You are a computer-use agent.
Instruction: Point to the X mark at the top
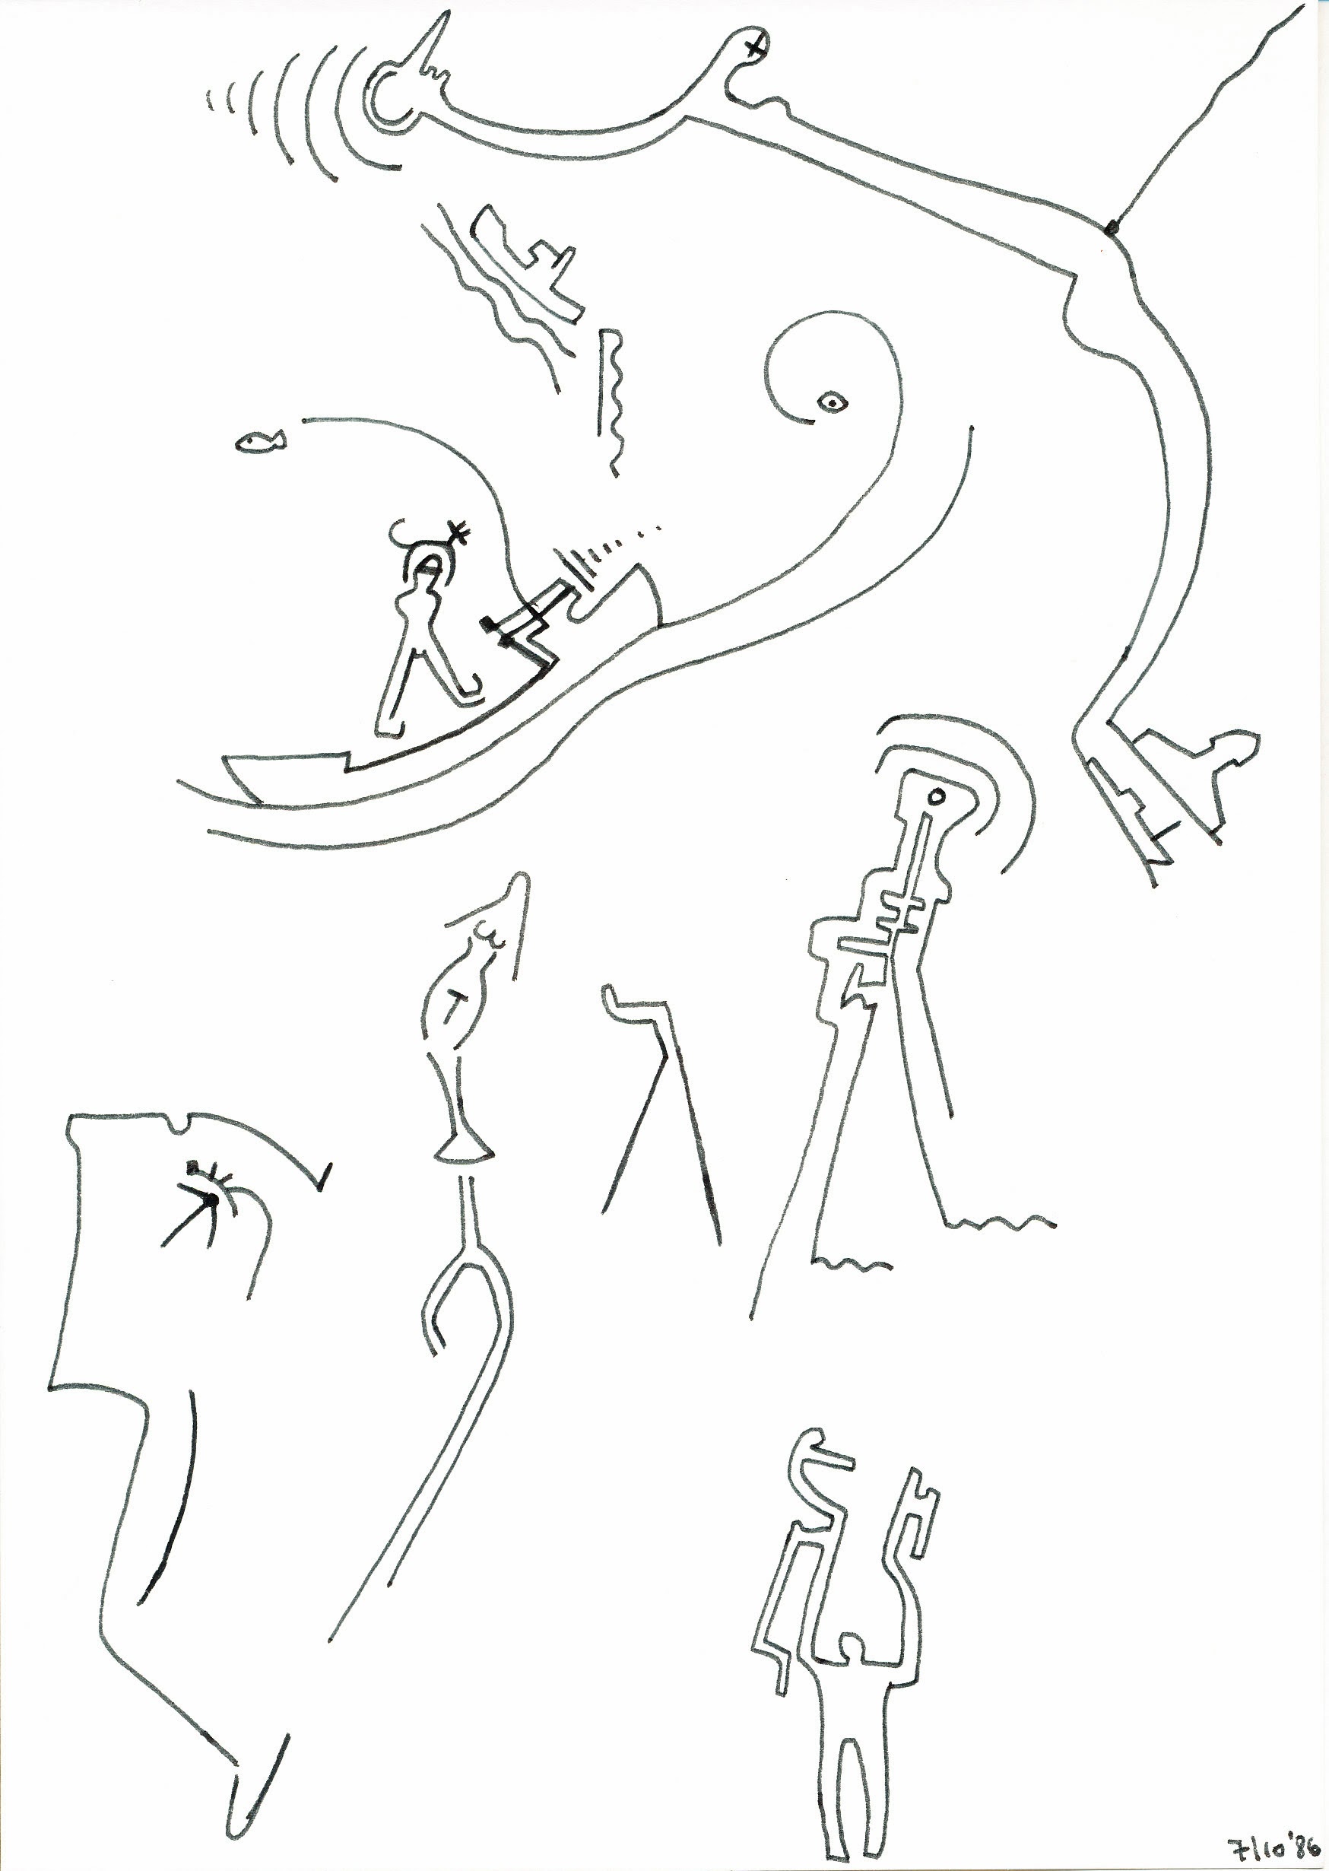tap(753, 46)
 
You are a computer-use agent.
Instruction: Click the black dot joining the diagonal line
tap(1111, 228)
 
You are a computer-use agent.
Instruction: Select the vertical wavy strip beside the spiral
tap(611, 401)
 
